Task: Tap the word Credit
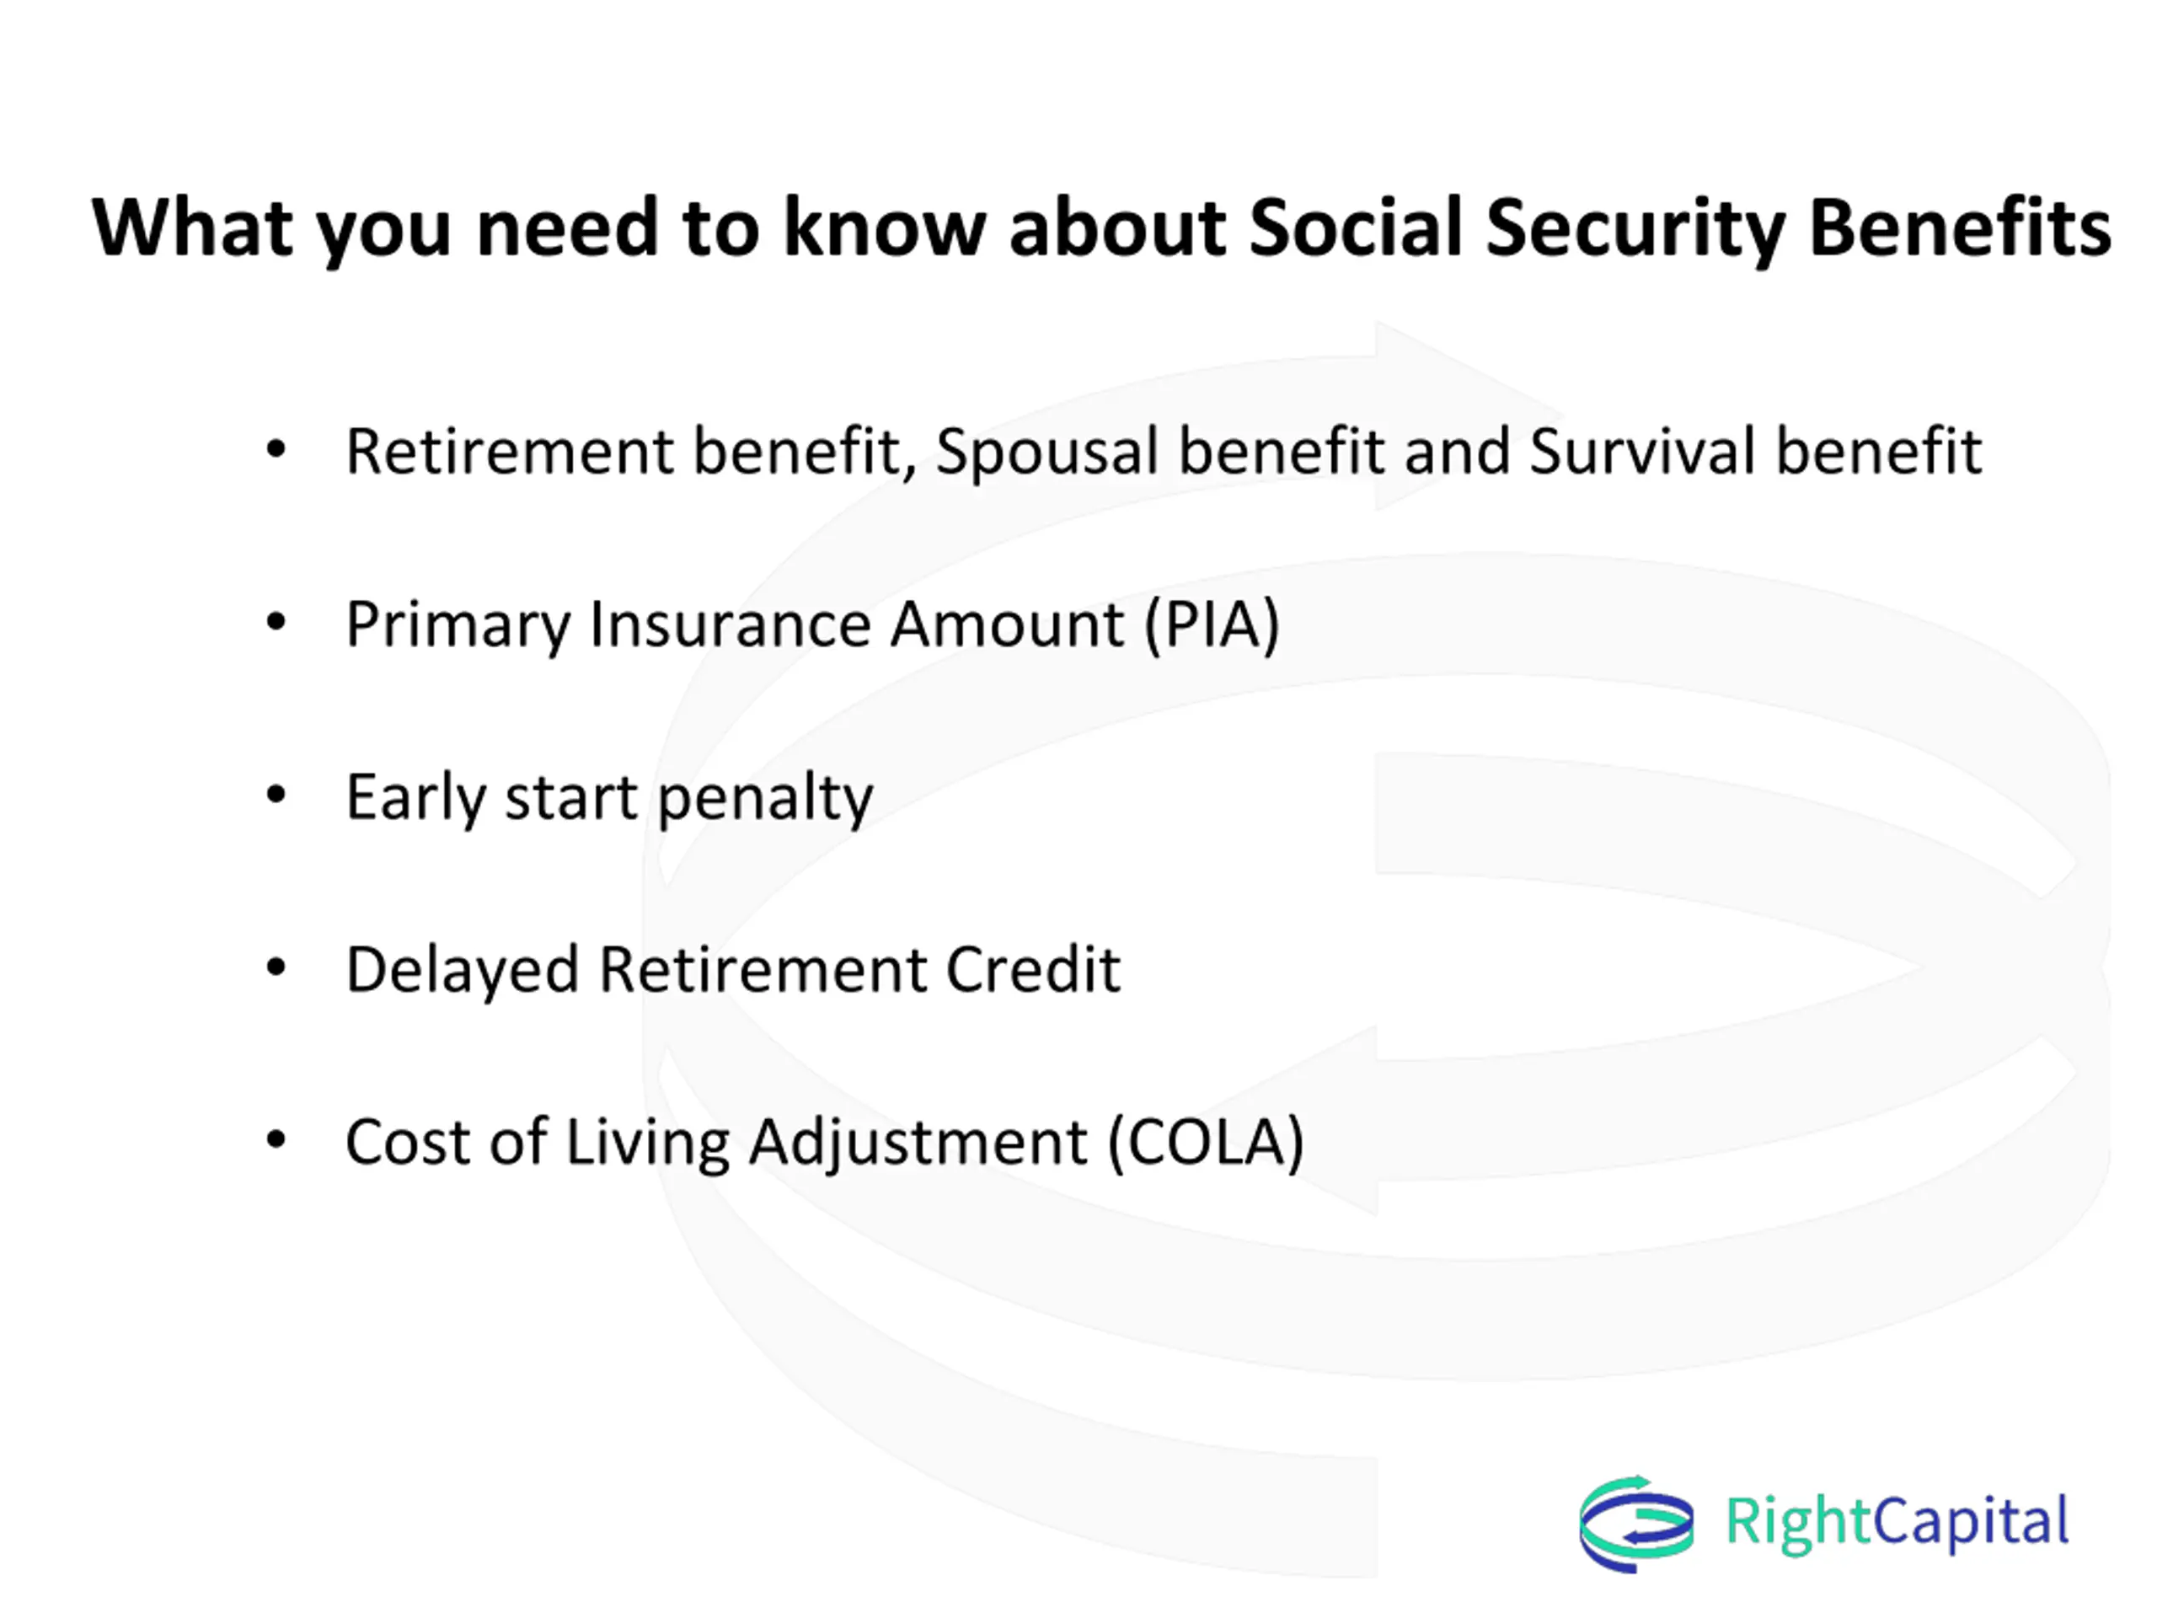pyautogui.click(x=1033, y=969)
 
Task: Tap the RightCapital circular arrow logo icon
pyautogui.click(x=1636, y=1524)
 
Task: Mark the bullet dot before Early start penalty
pyautogui.click(x=276, y=795)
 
